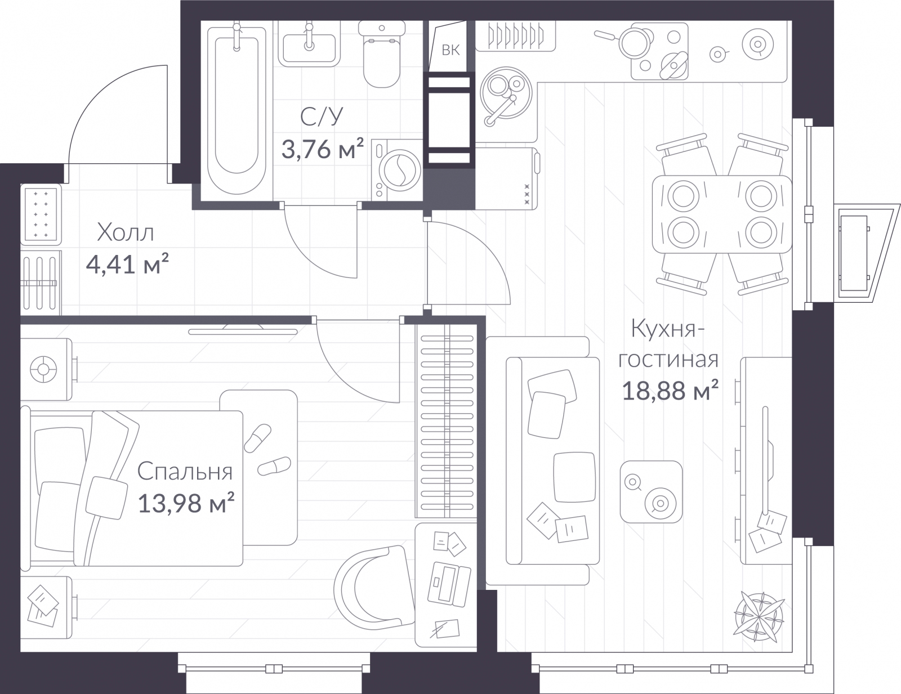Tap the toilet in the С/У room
381,54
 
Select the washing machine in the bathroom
396,170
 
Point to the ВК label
450,50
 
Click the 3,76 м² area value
323,149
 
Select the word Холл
125,232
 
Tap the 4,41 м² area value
127,264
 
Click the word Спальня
185,471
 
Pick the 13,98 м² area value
186,503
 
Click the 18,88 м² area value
671,390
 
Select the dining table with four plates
722,214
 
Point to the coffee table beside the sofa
651,491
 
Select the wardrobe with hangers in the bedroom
446,420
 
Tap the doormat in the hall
41,214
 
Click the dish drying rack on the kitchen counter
515,37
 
